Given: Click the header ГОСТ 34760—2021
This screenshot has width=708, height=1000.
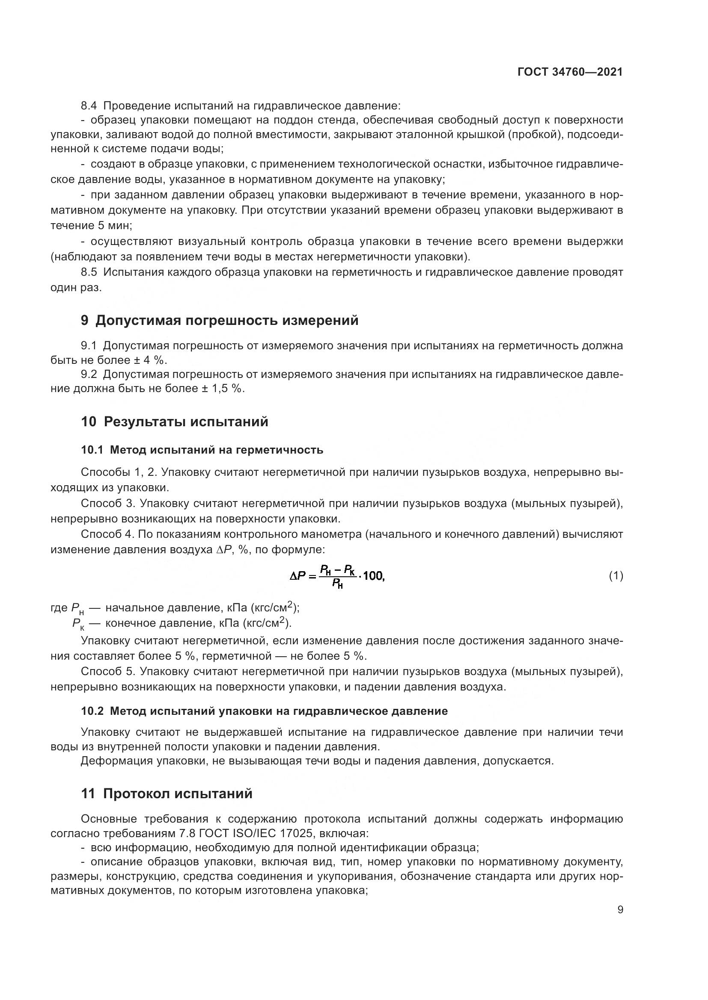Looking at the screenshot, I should [x=570, y=72].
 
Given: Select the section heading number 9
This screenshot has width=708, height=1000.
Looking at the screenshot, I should [x=85, y=321].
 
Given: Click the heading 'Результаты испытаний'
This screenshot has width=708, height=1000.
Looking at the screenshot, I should [x=186, y=422].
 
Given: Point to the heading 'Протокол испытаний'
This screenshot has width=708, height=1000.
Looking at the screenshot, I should [x=178, y=794].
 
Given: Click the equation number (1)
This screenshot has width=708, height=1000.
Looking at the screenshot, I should [x=616, y=576].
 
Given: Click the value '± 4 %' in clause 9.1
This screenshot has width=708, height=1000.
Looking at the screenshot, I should [x=152, y=360].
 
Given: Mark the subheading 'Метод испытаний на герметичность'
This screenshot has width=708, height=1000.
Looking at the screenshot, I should [x=216, y=449].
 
